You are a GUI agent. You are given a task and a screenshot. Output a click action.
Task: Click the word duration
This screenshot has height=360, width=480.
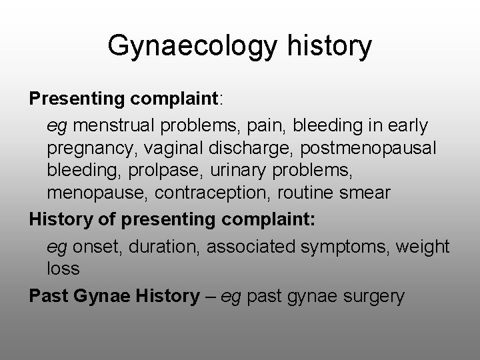click(163, 246)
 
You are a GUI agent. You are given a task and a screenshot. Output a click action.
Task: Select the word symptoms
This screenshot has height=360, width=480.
click(347, 246)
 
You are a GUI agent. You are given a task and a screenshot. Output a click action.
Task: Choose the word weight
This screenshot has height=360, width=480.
click(423, 246)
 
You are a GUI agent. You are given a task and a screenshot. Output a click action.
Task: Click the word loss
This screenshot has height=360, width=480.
click(63, 269)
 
